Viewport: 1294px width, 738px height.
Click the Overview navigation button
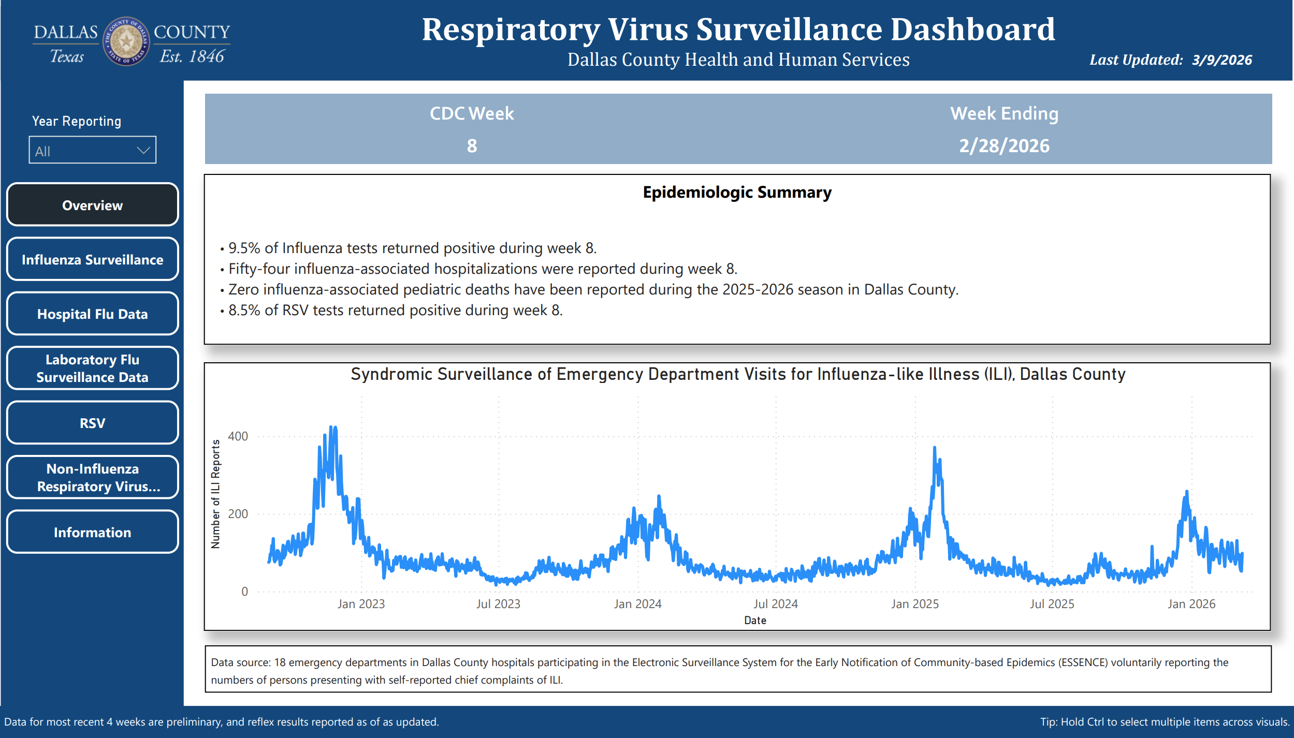[x=92, y=205]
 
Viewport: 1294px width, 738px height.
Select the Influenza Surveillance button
[x=92, y=259]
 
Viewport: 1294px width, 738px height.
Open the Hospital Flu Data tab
[x=92, y=314]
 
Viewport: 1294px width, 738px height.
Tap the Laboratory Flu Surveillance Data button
[x=92, y=368]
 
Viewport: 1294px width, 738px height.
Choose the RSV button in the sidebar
[x=92, y=423]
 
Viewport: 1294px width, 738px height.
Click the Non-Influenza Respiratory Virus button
[x=92, y=477]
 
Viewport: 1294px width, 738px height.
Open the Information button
[x=92, y=532]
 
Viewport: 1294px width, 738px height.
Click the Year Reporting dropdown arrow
[x=143, y=151]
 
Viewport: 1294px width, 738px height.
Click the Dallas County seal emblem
[x=126, y=41]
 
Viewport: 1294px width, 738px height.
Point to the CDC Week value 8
[x=472, y=146]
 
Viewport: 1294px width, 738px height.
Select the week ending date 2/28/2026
[x=1004, y=146]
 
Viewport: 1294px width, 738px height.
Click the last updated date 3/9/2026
[x=1222, y=60]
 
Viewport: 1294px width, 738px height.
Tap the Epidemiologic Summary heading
[x=737, y=193]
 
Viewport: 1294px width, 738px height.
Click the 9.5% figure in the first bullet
[x=244, y=248]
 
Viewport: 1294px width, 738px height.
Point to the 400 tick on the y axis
[x=238, y=436]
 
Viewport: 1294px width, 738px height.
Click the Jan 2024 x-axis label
[x=637, y=604]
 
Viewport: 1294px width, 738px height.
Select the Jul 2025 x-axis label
[x=1052, y=604]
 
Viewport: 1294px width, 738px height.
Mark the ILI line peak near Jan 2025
[x=935, y=448]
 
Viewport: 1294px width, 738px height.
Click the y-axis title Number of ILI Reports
[x=215, y=494]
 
